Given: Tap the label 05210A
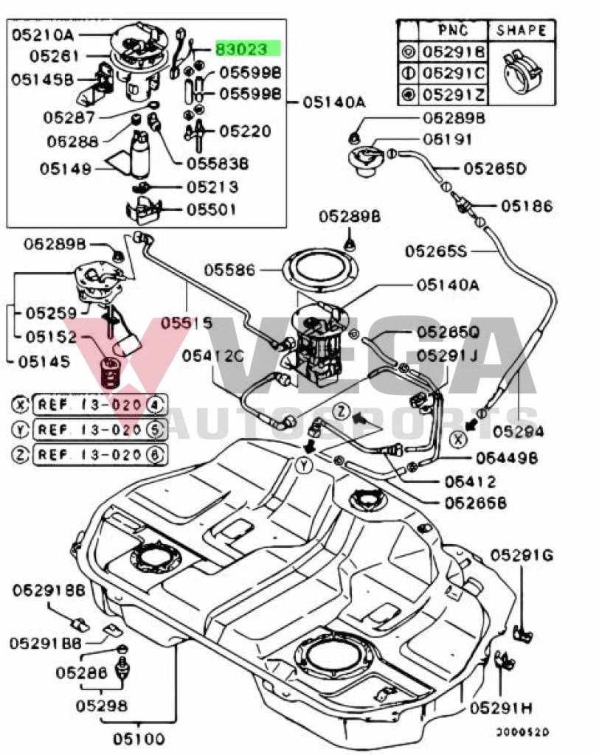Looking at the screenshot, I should (x=41, y=34).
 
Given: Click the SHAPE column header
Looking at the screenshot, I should (x=522, y=31).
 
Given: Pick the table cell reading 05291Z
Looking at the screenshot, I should (x=453, y=95).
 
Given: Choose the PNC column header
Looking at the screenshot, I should (x=453, y=31).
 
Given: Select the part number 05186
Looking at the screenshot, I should (x=526, y=206).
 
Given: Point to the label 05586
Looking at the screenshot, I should (x=229, y=270).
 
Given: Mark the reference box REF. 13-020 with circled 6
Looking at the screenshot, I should (x=99, y=454).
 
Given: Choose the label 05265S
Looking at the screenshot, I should (x=435, y=251).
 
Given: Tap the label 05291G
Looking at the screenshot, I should (x=522, y=554).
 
